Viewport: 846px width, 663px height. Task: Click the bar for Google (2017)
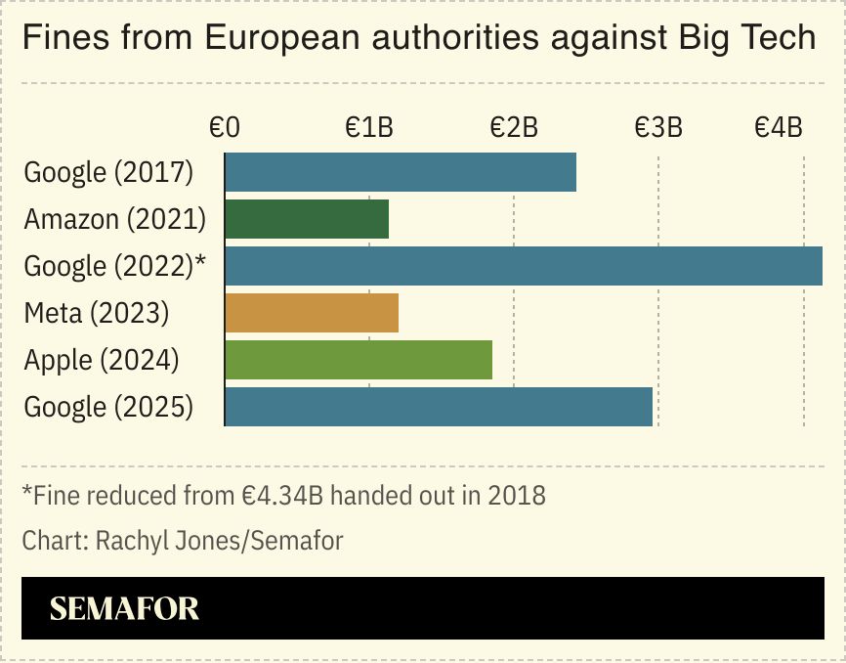[401, 172]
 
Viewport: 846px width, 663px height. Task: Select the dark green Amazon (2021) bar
[307, 219]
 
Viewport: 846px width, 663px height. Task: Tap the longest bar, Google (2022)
[524, 266]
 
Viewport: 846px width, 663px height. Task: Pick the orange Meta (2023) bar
[312, 313]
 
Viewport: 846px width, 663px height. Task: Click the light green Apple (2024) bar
[359, 360]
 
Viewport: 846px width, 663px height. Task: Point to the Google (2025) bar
[439, 407]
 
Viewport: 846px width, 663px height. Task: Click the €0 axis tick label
[225, 127]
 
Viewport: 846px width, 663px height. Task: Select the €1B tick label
[369, 127]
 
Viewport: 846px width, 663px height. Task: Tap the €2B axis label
[514, 127]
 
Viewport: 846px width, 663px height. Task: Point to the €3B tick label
[658, 127]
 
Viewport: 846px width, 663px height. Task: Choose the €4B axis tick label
[779, 127]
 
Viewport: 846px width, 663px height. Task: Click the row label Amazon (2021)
[114, 219]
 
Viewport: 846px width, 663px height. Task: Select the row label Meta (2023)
[97, 313]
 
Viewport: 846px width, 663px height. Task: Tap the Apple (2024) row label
[102, 360]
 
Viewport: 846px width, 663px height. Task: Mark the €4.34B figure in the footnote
[282, 495]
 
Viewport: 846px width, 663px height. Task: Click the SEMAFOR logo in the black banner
[124, 608]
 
